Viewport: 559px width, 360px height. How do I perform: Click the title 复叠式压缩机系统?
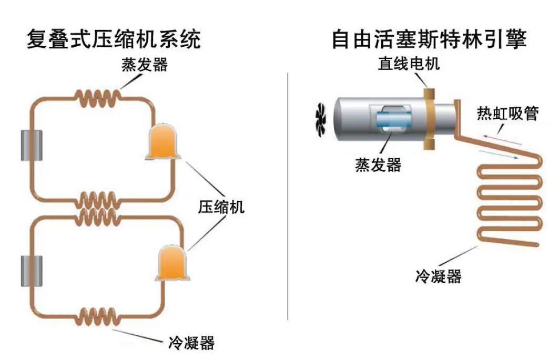[114, 39]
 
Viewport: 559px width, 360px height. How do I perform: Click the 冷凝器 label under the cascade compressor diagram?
[191, 343]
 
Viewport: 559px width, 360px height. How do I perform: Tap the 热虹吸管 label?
[507, 112]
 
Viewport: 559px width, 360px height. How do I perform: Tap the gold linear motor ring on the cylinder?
[430, 118]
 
